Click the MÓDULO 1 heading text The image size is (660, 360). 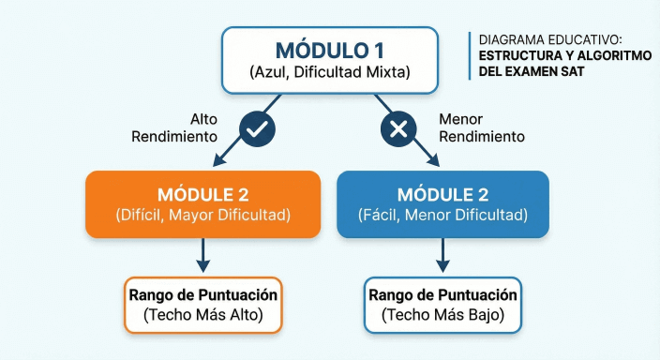[x=330, y=50]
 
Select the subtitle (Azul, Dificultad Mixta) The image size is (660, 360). [x=330, y=72]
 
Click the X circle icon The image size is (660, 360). [x=397, y=128]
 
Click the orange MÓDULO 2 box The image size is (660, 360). [x=202, y=202]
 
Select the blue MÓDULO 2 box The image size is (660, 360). [x=442, y=202]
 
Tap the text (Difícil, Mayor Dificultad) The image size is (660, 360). [x=203, y=215]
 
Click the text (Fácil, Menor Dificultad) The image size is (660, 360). [x=443, y=215]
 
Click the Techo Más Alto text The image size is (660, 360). [x=202, y=316]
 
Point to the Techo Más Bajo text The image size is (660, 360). [x=443, y=316]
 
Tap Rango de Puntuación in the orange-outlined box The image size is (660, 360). [x=202, y=295]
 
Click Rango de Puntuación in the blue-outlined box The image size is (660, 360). [x=443, y=295]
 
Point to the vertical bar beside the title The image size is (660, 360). [x=470, y=55]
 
